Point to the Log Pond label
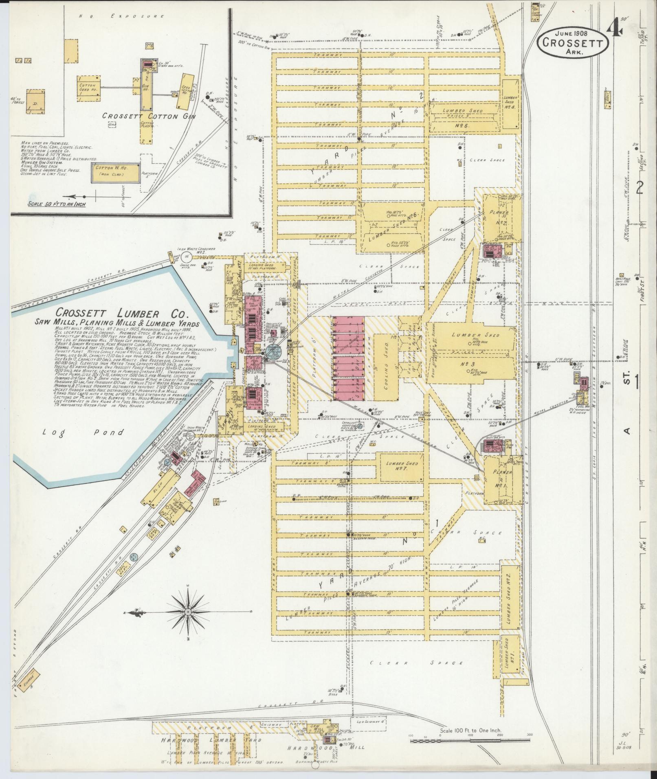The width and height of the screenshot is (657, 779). [x=83, y=432]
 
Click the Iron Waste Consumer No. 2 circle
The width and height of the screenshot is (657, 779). [x=187, y=256]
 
